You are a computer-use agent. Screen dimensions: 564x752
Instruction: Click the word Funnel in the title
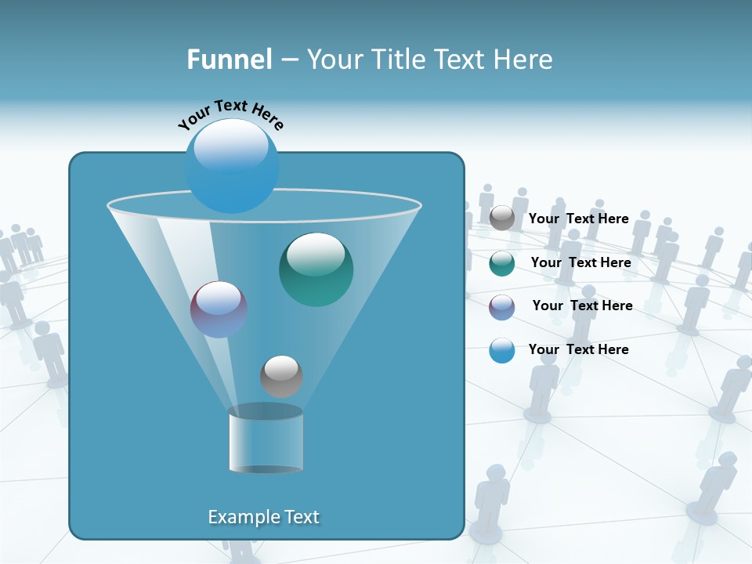pyautogui.click(x=229, y=60)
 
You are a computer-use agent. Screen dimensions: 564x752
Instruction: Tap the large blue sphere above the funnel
pyautogui.click(x=232, y=166)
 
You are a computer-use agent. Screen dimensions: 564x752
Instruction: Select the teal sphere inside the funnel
pyautogui.click(x=316, y=270)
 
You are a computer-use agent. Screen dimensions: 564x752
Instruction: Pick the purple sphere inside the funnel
pyautogui.click(x=219, y=310)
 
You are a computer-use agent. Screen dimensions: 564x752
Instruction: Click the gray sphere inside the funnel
pyautogui.click(x=281, y=376)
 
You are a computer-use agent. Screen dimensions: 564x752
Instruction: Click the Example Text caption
pyautogui.click(x=264, y=517)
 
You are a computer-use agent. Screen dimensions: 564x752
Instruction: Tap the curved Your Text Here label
pyautogui.click(x=230, y=114)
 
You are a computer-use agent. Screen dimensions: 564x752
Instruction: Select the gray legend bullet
pyautogui.click(x=502, y=219)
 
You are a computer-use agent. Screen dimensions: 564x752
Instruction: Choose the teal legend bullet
pyautogui.click(x=502, y=263)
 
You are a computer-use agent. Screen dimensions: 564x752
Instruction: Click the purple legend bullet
pyautogui.click(x=502, y=307)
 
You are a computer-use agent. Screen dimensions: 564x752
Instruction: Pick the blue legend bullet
pyautogui.click(x=502, y=351)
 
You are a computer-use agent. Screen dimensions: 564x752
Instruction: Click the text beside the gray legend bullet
pyautogui.click(x=578, y=219)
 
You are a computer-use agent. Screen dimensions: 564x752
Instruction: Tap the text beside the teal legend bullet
pyautogui.click(x=580, y=263)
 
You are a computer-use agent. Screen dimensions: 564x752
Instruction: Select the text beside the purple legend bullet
pyautogui.click(x=582, y=306)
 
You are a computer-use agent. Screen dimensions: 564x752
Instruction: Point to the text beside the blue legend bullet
pyautogui.click(x=578, y=349)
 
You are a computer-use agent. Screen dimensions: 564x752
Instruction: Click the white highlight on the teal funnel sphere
pyautogui.click(x=316, y=253)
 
